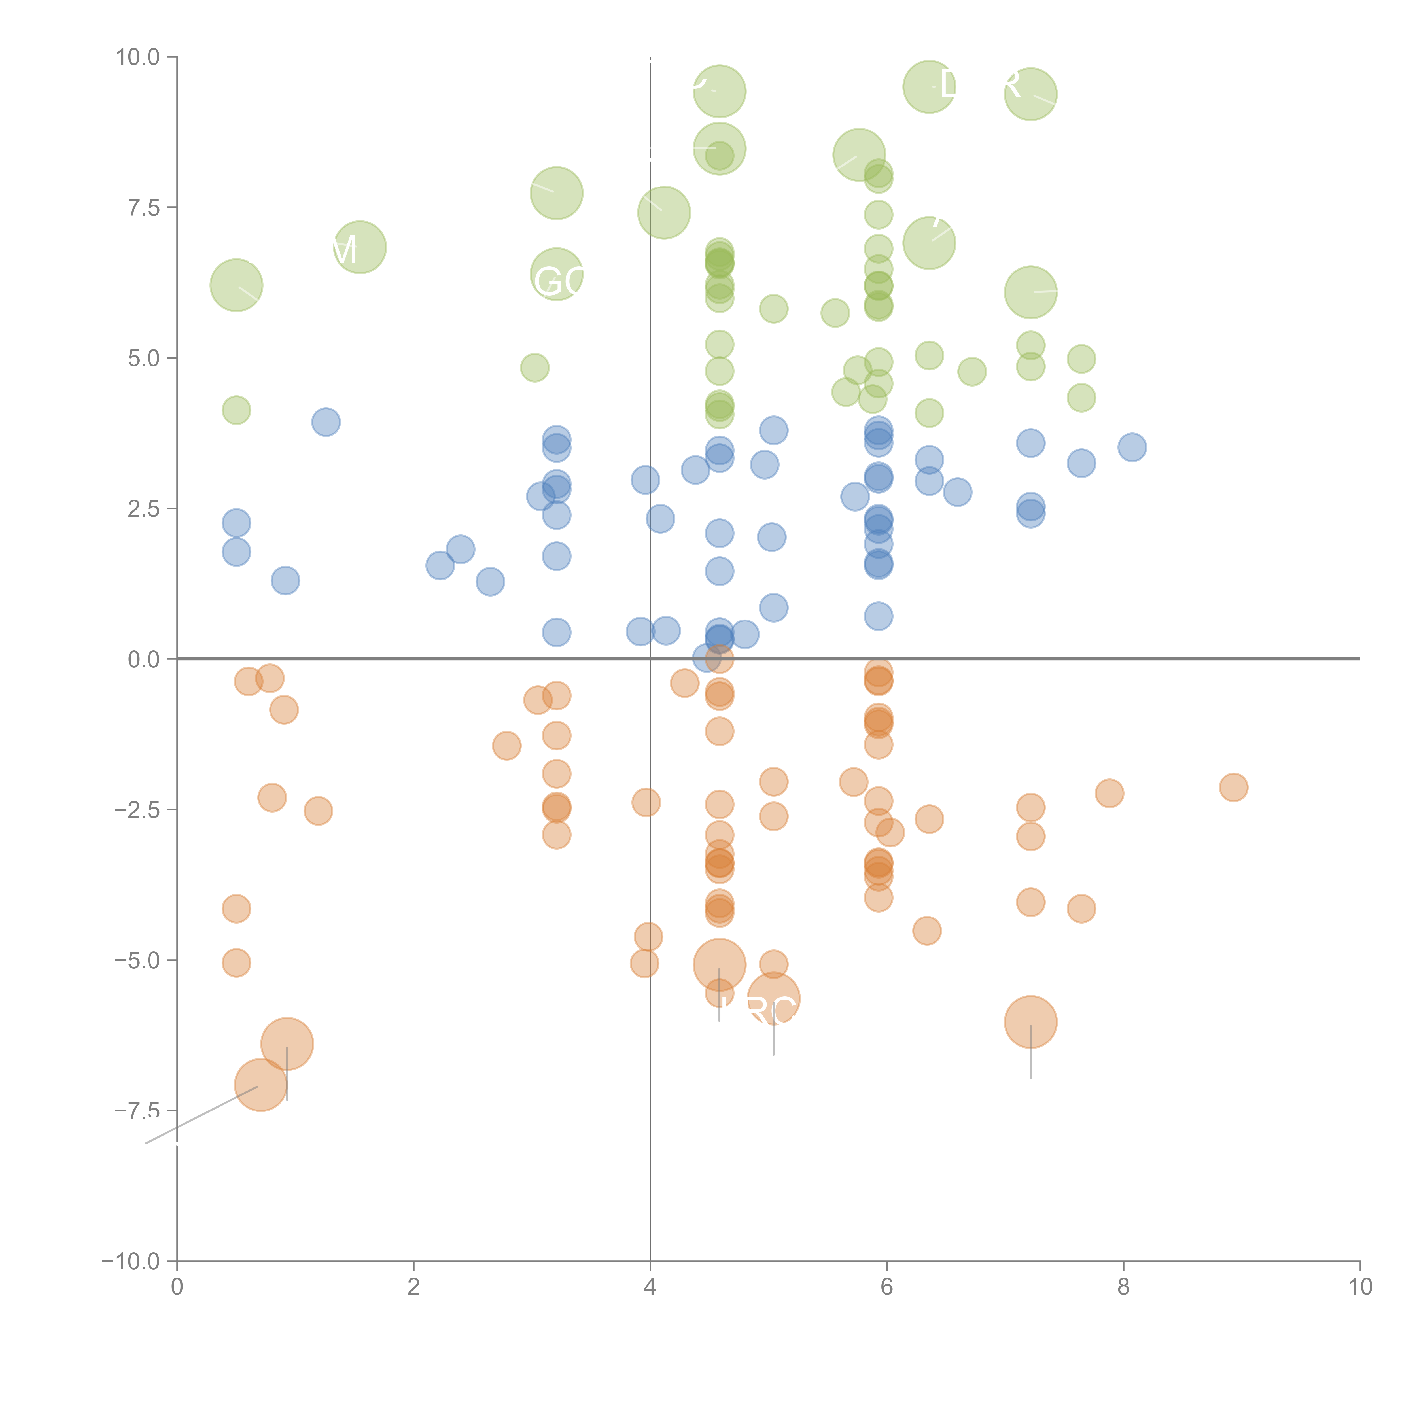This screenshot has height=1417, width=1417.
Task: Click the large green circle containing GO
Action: (557, 274)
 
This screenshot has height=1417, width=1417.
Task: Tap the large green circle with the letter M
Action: (359, 247)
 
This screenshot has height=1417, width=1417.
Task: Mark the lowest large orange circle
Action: (260, 1085)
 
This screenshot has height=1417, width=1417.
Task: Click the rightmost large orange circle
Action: (1030, 1022)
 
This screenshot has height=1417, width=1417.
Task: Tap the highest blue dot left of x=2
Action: (326, 422)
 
